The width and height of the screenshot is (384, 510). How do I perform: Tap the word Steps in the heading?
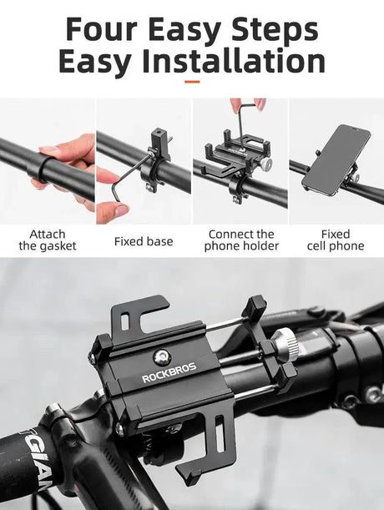point(273,29)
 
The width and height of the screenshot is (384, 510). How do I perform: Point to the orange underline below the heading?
point(192,82)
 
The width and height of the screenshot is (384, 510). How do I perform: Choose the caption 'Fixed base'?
point(144,241)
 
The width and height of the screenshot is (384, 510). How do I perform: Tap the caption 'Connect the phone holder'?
point(240,240)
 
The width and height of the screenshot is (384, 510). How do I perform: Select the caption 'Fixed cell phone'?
point(336,240)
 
